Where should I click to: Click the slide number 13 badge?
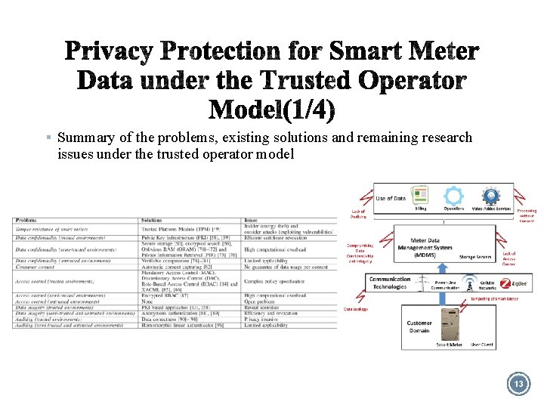tap(518, 384)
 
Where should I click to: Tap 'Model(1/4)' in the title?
tap(271, 110)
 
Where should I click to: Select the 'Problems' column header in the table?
tap(26, 220)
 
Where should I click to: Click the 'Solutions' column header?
tap(152, 220)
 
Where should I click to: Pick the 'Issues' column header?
tap(252, 220)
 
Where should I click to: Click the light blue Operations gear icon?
tap(454, 196)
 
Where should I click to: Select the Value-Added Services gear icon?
tap(491, 196)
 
